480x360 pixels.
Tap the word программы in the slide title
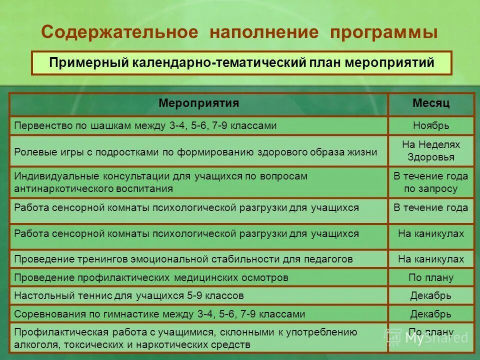coord(384,32)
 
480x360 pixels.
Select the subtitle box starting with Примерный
coord(241,63)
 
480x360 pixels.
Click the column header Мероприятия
coord(199,103)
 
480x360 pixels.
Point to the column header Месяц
coord(431,103)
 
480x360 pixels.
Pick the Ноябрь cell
coord(431,125)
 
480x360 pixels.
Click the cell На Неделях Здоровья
coord(431,150)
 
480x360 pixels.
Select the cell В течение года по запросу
coord(431,182)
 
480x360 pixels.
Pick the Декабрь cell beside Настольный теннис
coord(431,295)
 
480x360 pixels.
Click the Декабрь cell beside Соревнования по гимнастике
coord(431,314)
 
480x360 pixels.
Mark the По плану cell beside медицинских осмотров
coord(431,277)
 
